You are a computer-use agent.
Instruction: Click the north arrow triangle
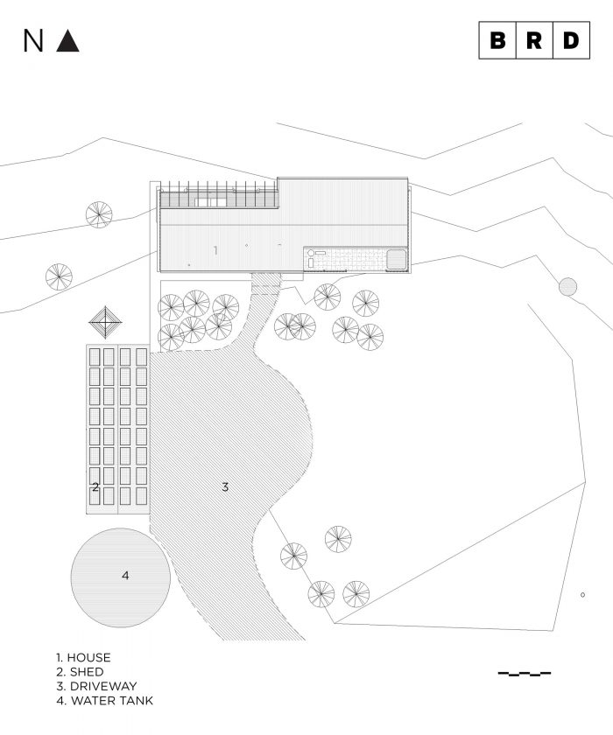point(67,41)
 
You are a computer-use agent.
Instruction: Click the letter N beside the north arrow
point(33,41)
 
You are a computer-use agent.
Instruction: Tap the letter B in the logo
point(497,40)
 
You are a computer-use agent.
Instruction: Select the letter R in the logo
point(534,40)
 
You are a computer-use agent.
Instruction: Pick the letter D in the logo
point(571,40)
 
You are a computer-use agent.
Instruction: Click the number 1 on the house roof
point(215,250)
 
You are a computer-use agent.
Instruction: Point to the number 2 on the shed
point(95,486)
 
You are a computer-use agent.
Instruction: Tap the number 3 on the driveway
point(225,486)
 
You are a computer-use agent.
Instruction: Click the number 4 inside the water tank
point(125,575)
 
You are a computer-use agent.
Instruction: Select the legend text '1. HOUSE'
point(83,657)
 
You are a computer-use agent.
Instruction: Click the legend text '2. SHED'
point(79,672)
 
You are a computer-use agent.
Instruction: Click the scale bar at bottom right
point(525,674)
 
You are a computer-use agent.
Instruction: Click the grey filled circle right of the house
point(567,286)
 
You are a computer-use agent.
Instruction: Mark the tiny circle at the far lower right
point(582,596)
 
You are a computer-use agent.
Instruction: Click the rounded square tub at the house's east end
point(395,260)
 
